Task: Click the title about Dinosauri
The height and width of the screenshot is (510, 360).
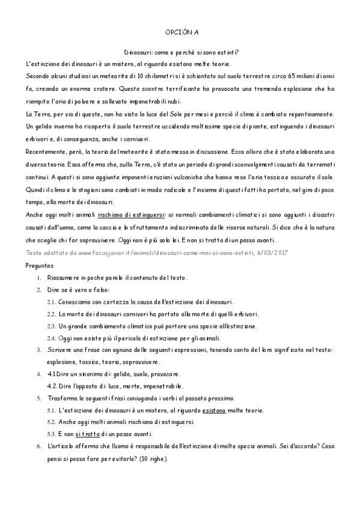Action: [180, 52]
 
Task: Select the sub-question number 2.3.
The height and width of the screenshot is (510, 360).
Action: [51, 325]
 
